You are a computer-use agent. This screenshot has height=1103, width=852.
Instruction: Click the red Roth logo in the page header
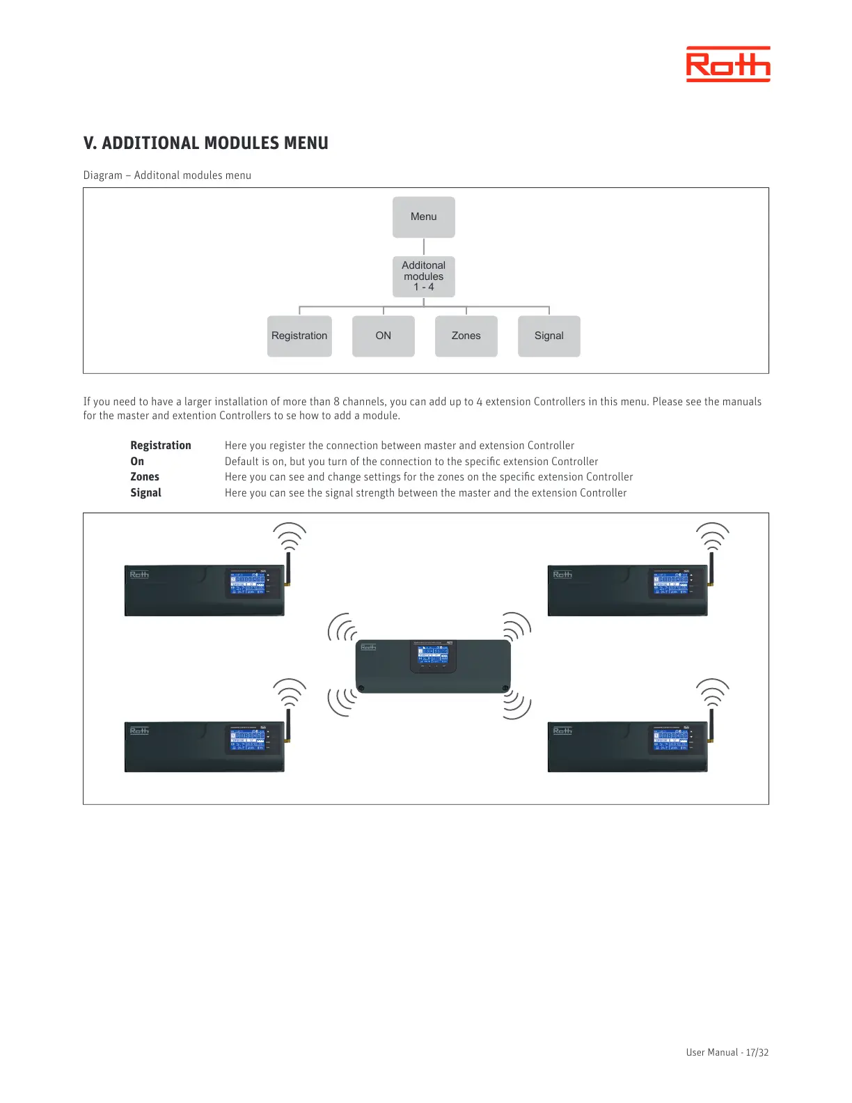(728, 65)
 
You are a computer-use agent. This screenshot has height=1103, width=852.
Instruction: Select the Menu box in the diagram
(423, 217)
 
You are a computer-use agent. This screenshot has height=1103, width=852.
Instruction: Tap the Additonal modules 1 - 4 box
(423, 276)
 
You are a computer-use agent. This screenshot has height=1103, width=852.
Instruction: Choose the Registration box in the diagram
(299, 336)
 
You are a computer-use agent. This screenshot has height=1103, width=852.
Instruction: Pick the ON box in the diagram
(383, 336)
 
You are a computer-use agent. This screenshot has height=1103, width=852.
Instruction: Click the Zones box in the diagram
(466, 336)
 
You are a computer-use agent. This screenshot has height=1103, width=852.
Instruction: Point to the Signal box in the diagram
(549, 336)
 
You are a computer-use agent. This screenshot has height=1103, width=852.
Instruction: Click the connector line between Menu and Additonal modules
(424, 247)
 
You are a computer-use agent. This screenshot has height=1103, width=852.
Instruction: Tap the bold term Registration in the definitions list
(160, 446)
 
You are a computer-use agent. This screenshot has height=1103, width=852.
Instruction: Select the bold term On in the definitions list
(137, 462)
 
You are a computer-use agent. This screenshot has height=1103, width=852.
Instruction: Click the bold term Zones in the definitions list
(145, 477)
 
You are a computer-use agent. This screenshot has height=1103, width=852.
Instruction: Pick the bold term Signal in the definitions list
(145, 493)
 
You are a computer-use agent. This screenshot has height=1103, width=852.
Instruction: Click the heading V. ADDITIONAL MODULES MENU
(205, 143)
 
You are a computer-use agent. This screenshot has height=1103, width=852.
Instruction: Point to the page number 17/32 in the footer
(757, 1052)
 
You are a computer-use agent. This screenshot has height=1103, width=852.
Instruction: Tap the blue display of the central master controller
(432, 655)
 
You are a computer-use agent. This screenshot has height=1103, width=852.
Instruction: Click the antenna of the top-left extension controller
(288, 568)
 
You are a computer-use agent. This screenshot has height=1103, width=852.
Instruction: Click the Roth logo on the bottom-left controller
(139, 730)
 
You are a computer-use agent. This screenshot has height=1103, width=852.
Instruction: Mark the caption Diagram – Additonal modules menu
(167, 175)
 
